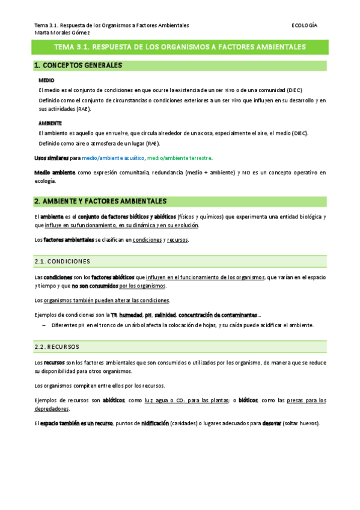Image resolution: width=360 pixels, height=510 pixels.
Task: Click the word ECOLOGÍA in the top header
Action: coord(304,25)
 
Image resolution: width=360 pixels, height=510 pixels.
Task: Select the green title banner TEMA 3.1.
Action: coord(180,47)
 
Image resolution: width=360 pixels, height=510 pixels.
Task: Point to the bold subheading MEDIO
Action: coord(46,79)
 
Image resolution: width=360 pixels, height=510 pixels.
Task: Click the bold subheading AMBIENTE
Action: coord(50,123)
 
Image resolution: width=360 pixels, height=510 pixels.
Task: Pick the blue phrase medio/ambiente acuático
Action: coord(114,158)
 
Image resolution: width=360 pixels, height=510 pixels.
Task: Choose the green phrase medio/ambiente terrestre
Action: coord(179,158)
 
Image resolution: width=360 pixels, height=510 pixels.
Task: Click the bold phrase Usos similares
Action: coord(51,158)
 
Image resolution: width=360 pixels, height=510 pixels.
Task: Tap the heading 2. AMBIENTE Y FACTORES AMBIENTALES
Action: coord(100,201)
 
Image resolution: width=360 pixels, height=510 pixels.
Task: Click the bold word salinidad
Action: coord(165,315)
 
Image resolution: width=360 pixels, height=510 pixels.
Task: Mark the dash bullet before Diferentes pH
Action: coord(44,325)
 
